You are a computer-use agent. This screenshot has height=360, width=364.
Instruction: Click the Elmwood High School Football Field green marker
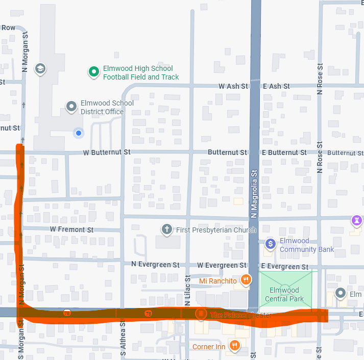point(93,72)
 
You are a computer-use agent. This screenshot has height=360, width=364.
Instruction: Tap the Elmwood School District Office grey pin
point(72,107)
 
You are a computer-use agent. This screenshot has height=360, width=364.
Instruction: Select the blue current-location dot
point(79,133)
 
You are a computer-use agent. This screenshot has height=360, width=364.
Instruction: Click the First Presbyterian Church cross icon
point(166,229)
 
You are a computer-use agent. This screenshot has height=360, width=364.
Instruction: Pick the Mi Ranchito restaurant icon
point(246,279)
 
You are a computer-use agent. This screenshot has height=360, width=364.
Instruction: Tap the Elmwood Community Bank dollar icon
point(271,245)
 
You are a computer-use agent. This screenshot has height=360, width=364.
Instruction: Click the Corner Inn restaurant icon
point(235,346)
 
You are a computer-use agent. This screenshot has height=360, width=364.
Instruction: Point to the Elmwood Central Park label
point(285,295)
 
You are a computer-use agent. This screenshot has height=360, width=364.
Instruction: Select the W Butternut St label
point(107,152)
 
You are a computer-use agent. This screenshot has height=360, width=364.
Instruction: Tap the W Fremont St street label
point(71,229)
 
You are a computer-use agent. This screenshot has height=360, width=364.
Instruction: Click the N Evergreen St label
point(155,265)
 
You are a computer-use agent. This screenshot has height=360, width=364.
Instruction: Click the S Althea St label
point(123,337)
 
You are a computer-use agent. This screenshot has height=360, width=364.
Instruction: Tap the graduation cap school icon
point(40,68)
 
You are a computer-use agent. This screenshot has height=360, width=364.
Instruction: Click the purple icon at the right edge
point(356,221)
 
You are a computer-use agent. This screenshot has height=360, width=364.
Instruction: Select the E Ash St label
point(276,86)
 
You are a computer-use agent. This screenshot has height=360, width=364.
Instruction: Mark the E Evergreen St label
point(284,266)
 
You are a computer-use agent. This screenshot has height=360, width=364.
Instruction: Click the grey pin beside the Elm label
point(341,294)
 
